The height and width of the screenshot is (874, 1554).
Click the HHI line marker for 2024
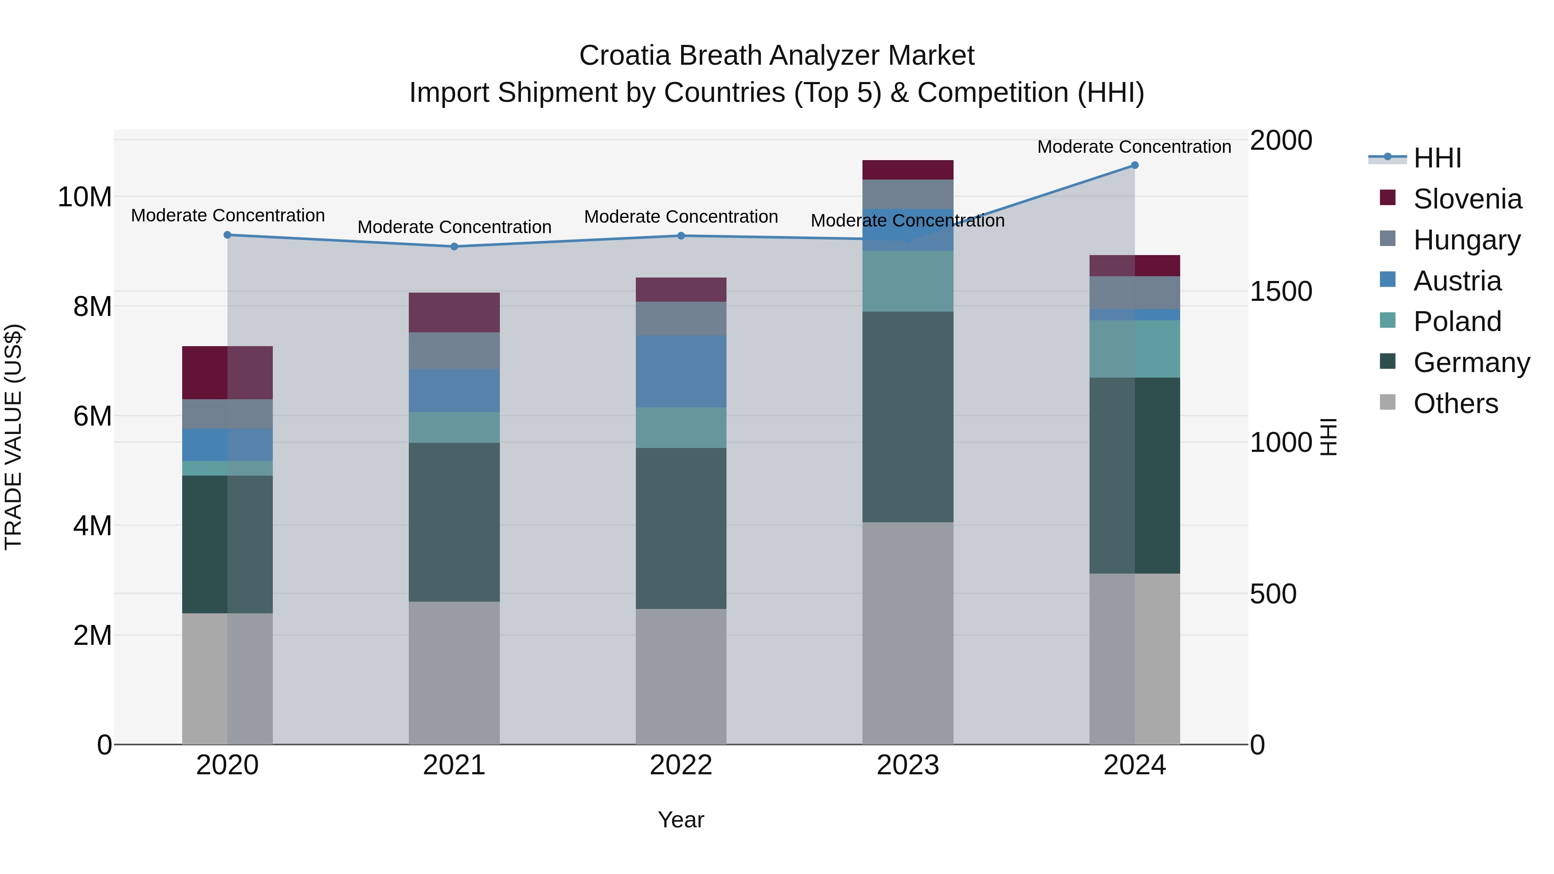click(x=1134, y=165)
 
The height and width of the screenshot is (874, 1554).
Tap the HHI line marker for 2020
click(x=227, y=235)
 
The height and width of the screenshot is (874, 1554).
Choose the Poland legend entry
click(x=1456, y=322)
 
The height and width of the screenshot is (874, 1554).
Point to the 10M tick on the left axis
click(x=85, y=197)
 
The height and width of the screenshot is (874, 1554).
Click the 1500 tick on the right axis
click(x=1281, y=291)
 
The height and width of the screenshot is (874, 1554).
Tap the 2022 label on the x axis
click(x=680, y=765)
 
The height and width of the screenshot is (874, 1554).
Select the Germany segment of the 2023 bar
click(x=907, y=416)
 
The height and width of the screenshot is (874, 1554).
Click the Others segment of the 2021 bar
click(x=454, y=672)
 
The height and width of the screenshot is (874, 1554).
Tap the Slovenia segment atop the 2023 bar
click(x=907, y=170)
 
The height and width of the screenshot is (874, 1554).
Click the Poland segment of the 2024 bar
click(x=1134, y=349)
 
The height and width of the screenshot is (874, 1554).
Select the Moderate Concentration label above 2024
click(x=1134, y=147)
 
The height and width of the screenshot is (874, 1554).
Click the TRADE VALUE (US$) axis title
click(x=13, y=437)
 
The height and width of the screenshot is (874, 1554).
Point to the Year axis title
click(x=680, y=820)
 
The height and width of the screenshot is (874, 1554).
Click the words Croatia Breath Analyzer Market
click(x=777, y=56)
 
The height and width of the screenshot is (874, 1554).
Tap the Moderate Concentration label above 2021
click(x=454, y=227)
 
